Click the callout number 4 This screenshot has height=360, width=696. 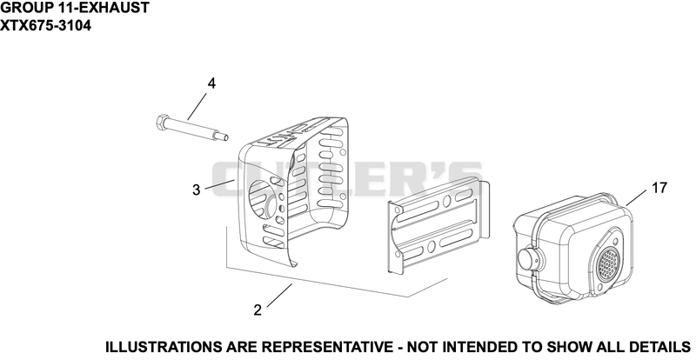coord(211,83)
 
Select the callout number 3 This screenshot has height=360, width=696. coord(197,190)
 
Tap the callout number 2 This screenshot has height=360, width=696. coord(258,310)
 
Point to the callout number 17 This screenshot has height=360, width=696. coord(659,188)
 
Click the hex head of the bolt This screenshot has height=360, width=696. coord(162,121)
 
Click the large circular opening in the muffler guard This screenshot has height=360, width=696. coord(260,198)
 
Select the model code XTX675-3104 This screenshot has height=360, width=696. coord(46,25)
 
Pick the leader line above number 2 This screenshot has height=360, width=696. coord(279,295)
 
